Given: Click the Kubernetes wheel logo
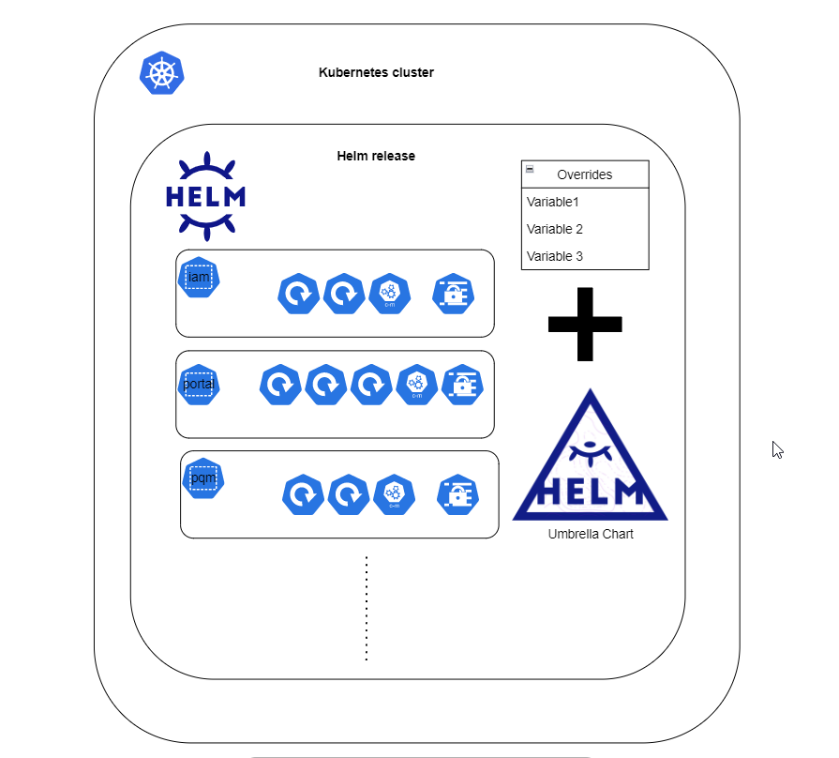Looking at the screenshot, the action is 162,73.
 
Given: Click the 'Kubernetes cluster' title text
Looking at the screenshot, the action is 376,72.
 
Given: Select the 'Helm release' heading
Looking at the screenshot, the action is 376,156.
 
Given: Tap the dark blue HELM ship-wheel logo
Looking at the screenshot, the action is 206,196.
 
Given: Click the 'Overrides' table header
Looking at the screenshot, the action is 585,174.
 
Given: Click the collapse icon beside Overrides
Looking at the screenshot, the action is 530,169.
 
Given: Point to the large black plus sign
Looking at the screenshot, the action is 585,324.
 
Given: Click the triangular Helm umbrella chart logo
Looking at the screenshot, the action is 591,455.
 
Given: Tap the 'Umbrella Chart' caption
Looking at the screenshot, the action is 591,534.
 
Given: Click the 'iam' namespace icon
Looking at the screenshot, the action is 199,278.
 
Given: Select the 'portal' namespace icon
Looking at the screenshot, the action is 199,385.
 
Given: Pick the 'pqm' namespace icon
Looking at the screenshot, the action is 203,478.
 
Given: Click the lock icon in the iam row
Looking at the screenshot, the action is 453,294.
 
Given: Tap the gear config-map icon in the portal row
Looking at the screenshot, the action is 417,385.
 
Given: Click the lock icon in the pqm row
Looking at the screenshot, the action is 458,494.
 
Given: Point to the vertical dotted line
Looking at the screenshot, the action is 367,609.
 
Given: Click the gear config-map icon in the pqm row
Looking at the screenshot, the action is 395,494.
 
